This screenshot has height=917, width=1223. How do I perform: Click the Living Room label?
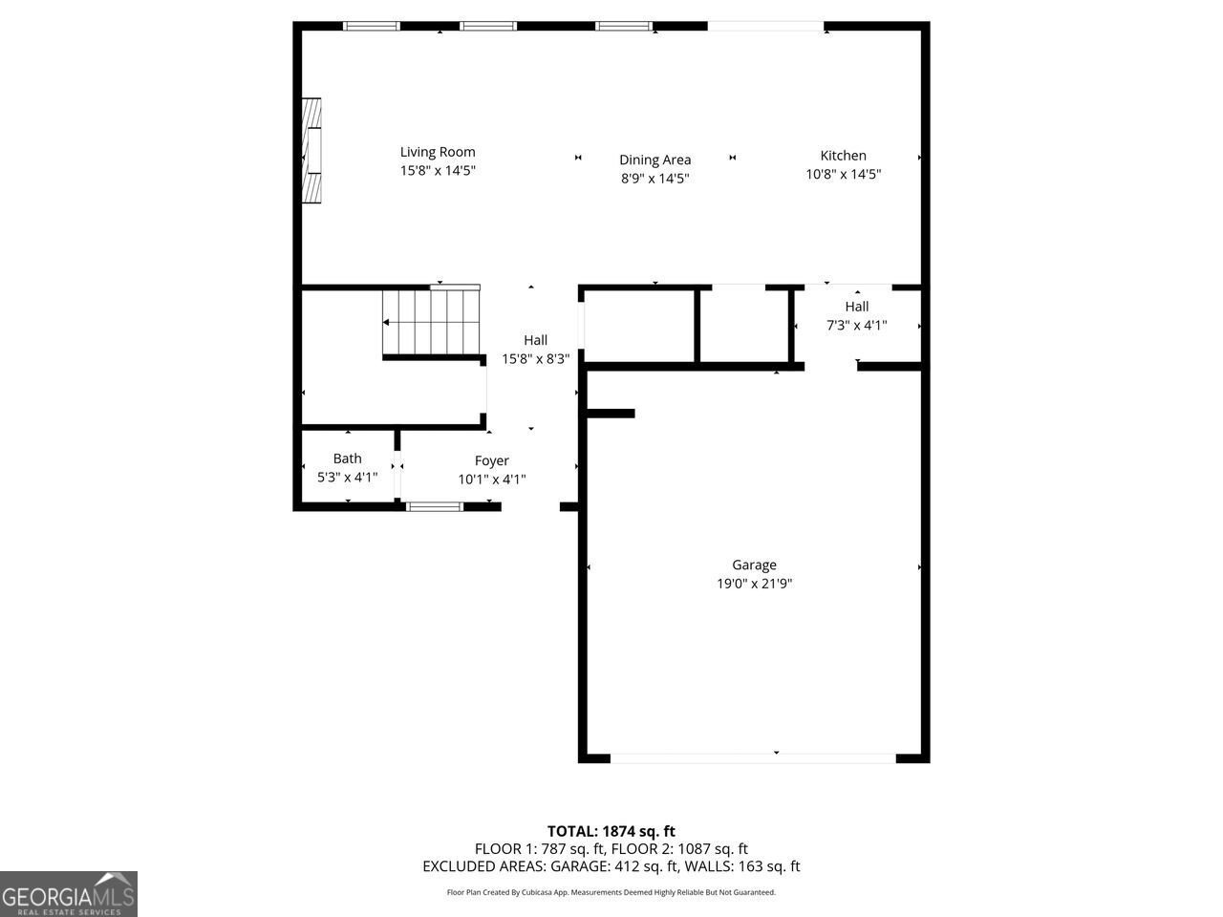point(437,152)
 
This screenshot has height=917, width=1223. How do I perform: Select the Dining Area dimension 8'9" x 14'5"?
point(654,178)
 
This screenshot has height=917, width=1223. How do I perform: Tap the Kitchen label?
point(843,156)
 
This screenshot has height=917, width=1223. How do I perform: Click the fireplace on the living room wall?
point(311,151)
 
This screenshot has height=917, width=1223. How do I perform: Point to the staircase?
point(430,321)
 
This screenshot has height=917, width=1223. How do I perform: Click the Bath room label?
point(347,458)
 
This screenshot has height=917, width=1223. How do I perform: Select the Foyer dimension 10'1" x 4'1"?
point(492,480)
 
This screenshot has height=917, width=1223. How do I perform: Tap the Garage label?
point(754,565)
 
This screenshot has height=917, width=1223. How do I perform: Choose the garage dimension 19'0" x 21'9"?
point(754,584)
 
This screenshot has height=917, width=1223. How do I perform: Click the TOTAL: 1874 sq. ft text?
point(611,831)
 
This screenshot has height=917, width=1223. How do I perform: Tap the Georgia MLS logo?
point(69,894)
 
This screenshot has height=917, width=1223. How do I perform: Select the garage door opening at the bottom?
point(753,758)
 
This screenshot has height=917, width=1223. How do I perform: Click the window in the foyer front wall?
point(435,506)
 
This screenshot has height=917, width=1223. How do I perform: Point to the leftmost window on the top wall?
point(372,26)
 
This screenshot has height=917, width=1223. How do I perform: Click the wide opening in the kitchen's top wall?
point(765,26)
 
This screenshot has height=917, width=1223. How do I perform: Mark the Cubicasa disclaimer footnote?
point(611,892)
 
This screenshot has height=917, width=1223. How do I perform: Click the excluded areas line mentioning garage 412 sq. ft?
point(611,866)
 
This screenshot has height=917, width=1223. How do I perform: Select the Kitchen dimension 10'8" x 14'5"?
point(843,174)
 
